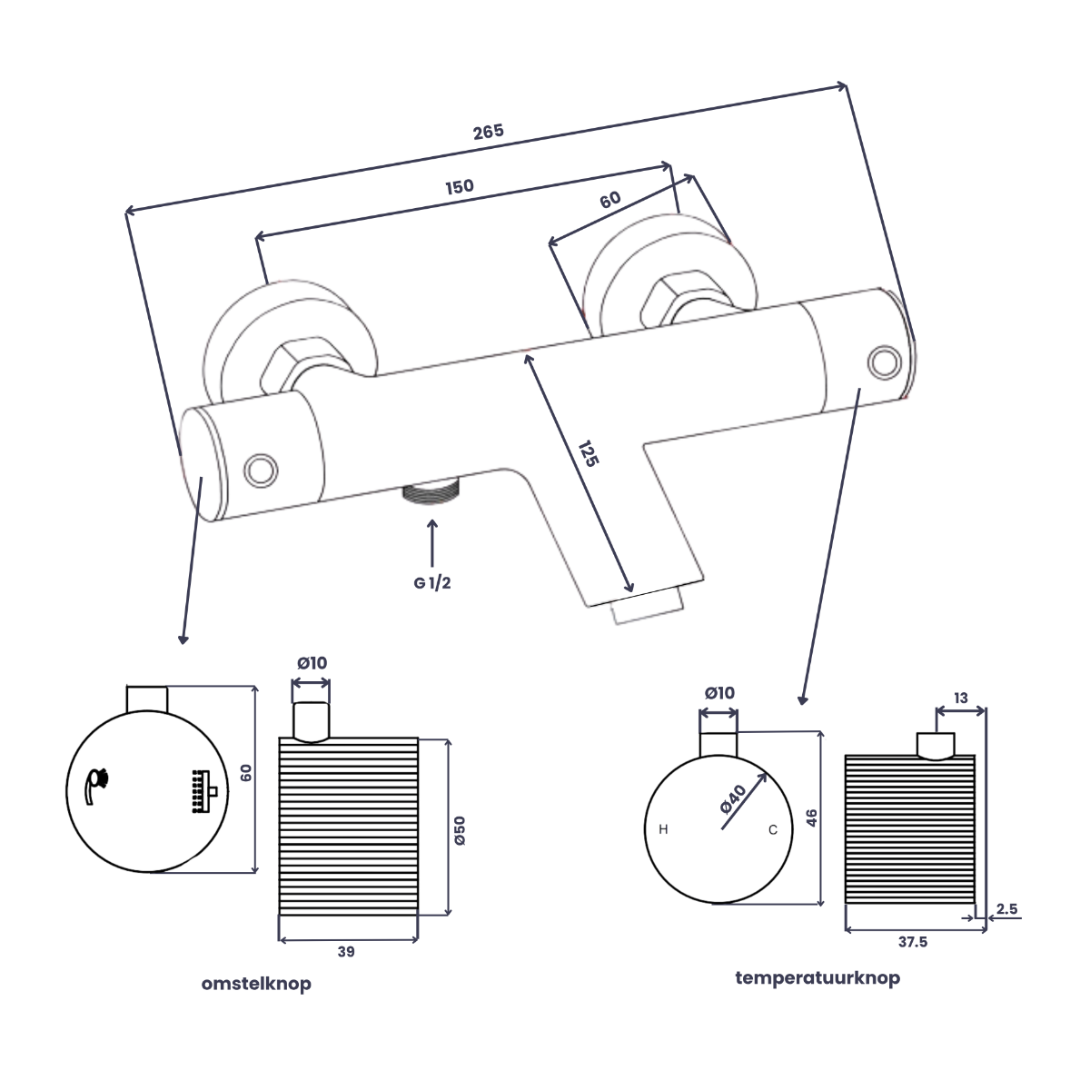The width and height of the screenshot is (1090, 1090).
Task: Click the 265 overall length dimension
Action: coord(488,132)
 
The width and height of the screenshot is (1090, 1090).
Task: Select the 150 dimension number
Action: coord(460,187)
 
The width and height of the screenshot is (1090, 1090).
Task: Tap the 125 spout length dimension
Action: coord(589,453)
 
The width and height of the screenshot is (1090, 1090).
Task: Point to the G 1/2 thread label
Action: coord(432,583)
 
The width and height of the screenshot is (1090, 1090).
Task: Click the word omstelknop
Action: coord(256,983)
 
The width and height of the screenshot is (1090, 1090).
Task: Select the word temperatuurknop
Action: coord(817,977)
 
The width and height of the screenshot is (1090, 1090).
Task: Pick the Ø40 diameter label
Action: coord(734,799)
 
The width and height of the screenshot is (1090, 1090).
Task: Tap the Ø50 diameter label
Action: coord(460,830)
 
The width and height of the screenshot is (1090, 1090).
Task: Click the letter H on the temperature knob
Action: coord(663,829)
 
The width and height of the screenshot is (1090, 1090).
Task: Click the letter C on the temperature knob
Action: coord(773,830)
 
